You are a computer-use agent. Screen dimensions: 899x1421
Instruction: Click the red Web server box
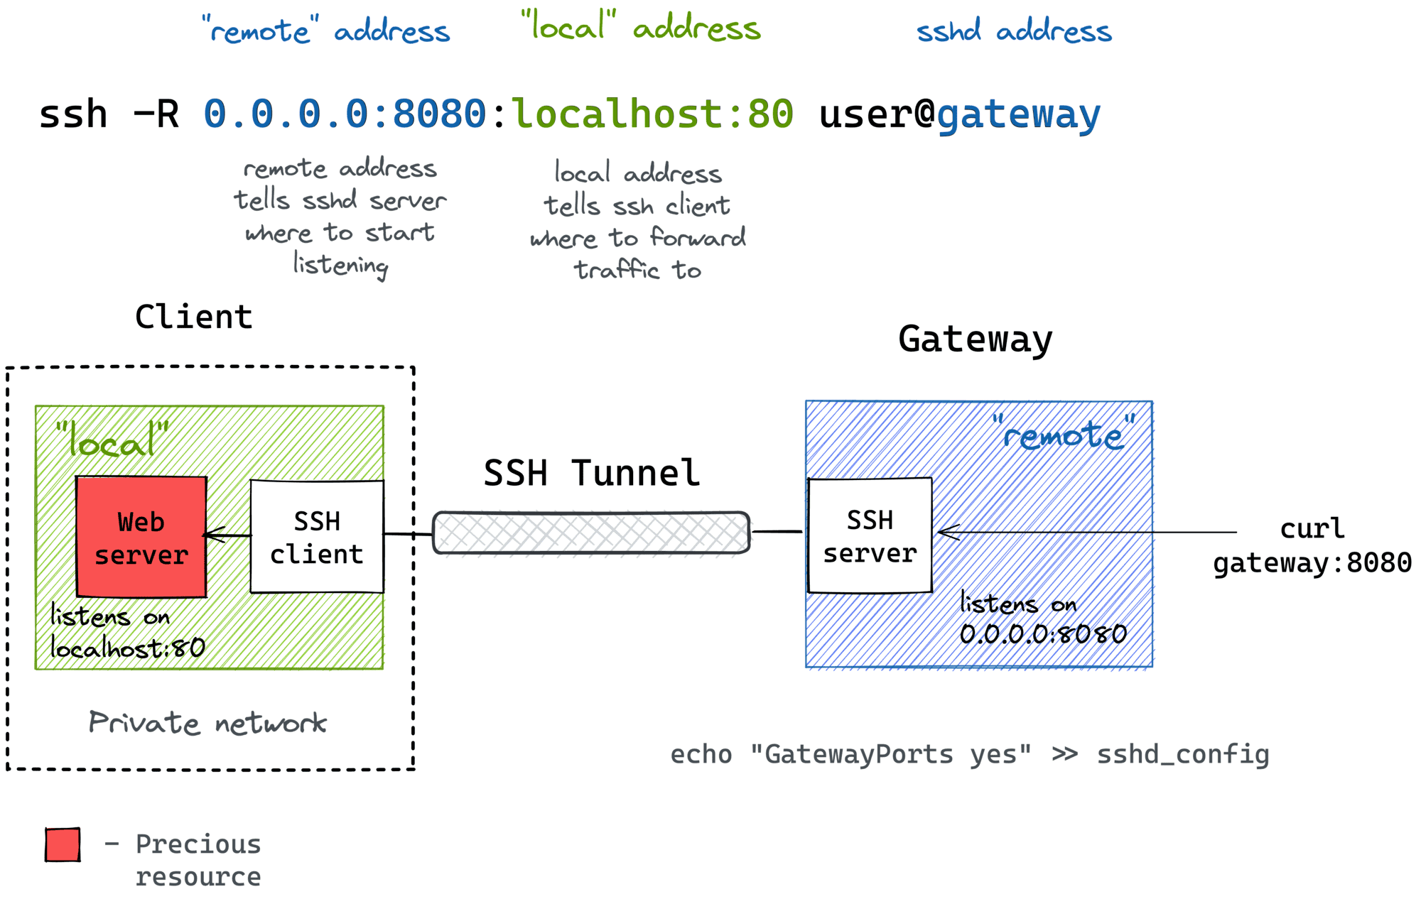[141, 537]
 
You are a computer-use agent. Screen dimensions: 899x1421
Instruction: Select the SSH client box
[317, 537]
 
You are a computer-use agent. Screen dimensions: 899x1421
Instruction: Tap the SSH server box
[870, 535]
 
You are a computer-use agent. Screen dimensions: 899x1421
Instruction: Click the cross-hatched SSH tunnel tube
[591, 533]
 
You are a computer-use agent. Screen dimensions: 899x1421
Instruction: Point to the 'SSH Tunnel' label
[591, 473]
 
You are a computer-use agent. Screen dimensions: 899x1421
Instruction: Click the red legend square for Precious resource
[63, 844]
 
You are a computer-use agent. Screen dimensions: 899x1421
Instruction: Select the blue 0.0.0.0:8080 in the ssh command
[345, 114]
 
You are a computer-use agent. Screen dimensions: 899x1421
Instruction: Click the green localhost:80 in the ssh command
[652, 114]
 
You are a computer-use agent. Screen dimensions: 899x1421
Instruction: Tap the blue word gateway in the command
[1018, 115]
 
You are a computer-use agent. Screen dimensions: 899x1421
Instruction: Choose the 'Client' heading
[193, 317]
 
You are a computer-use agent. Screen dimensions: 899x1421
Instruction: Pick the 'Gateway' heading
[975, 339]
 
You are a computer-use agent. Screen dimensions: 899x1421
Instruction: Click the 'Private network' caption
[207, 723]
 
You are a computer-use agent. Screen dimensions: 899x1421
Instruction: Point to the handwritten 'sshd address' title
[1014, 31]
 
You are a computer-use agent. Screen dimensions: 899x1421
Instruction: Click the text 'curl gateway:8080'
[1312, 545]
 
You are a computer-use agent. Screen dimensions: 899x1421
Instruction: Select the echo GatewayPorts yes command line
[969, 754]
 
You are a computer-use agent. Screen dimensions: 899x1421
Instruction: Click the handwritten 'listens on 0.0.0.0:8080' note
[1042, 619]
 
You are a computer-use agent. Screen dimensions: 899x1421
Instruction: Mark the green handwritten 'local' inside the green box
[112, 441]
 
